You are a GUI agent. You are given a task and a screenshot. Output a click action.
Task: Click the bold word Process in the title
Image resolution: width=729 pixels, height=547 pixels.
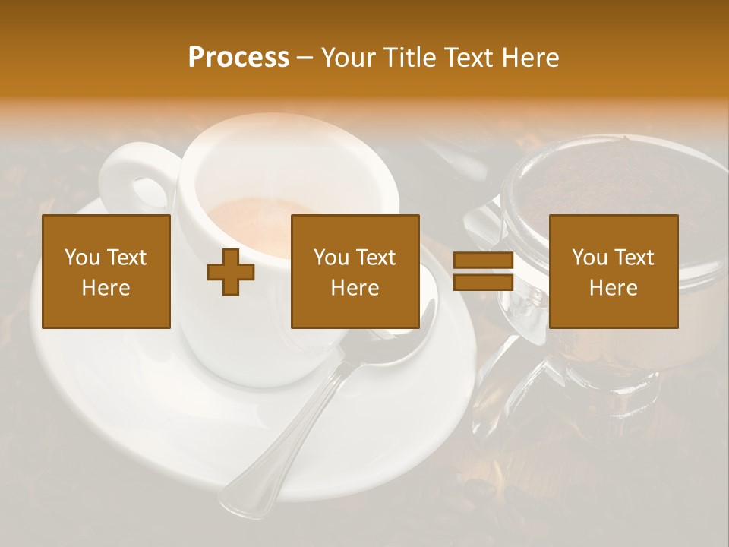coord(238,58)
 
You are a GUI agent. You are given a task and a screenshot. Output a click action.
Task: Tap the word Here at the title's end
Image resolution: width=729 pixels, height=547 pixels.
coord(531,58)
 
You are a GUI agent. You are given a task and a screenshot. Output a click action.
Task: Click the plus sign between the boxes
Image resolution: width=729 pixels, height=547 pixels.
coord(231,272)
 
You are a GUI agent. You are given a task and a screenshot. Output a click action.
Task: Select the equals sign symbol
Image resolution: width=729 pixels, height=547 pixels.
coord(483,272)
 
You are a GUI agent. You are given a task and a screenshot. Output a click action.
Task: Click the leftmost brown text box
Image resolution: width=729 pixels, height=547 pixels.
coord(106,272)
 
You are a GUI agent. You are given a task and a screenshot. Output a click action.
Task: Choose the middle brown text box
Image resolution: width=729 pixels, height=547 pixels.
coord(355,272)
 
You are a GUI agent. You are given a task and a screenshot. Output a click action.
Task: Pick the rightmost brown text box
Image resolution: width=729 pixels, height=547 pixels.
coord(614,272)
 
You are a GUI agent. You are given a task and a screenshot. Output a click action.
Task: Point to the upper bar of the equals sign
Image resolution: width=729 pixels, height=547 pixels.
coord(483,261)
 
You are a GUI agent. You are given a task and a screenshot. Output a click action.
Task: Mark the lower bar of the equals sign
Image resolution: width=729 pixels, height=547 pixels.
coord(483,283)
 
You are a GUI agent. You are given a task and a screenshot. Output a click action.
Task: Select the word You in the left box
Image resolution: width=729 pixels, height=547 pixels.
coord(82,258)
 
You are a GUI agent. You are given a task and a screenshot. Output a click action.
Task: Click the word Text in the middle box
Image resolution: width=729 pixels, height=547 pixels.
coord(376,258)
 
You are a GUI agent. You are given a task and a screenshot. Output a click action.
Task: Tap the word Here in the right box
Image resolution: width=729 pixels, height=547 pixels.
coord(614,288)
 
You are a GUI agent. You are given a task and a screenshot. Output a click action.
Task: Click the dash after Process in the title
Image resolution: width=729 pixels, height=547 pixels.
coord(305,58)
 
